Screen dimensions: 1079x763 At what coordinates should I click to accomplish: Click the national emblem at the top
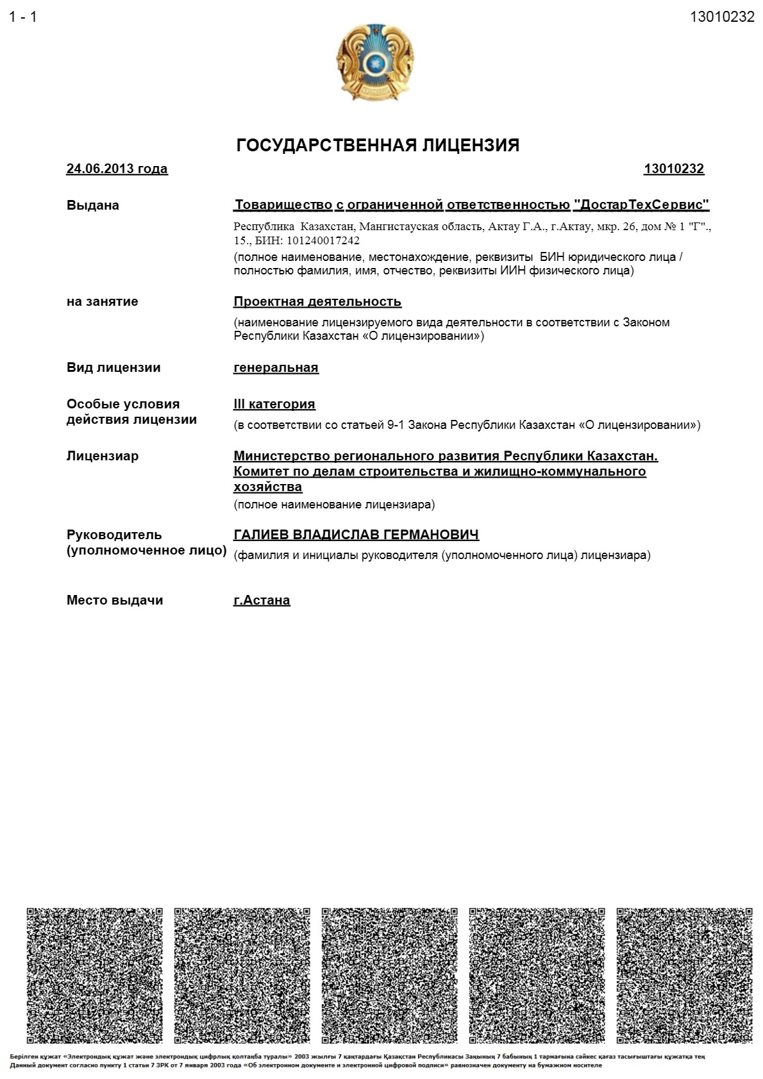pos(374,62)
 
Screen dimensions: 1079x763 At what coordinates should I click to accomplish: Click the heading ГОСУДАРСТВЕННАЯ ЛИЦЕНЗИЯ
pos(378,146)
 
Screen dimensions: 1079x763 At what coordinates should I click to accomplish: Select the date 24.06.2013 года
pos(117,169)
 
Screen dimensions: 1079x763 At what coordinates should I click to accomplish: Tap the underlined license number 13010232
pos(673,169)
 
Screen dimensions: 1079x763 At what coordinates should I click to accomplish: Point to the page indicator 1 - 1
pos(23,17)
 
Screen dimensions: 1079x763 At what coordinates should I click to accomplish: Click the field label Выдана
pos(92,205)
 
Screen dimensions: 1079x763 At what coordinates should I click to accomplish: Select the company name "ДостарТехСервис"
pos(641,205)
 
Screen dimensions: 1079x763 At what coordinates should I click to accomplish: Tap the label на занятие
pos(102,301)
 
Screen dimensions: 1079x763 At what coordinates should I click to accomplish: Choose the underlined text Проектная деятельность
pos(317,301)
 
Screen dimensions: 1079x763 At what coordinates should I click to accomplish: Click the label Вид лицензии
pos(113,367)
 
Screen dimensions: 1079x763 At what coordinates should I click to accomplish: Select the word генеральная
pos(276,367)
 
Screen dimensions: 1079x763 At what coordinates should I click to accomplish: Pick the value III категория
pos(274,404)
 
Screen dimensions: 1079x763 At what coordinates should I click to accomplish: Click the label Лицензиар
pos(103,456)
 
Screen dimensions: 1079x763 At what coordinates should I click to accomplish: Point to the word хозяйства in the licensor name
pos(267,487)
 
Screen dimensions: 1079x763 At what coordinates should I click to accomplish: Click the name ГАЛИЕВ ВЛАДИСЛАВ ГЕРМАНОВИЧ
pos(356,535)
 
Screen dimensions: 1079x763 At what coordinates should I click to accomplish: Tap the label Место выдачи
pos(115,600)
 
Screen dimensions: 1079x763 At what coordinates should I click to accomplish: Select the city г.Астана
pos(262,600)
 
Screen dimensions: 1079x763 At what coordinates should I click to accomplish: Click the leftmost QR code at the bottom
pos(94,975)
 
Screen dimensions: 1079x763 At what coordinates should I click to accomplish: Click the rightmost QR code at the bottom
pos(684,975)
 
